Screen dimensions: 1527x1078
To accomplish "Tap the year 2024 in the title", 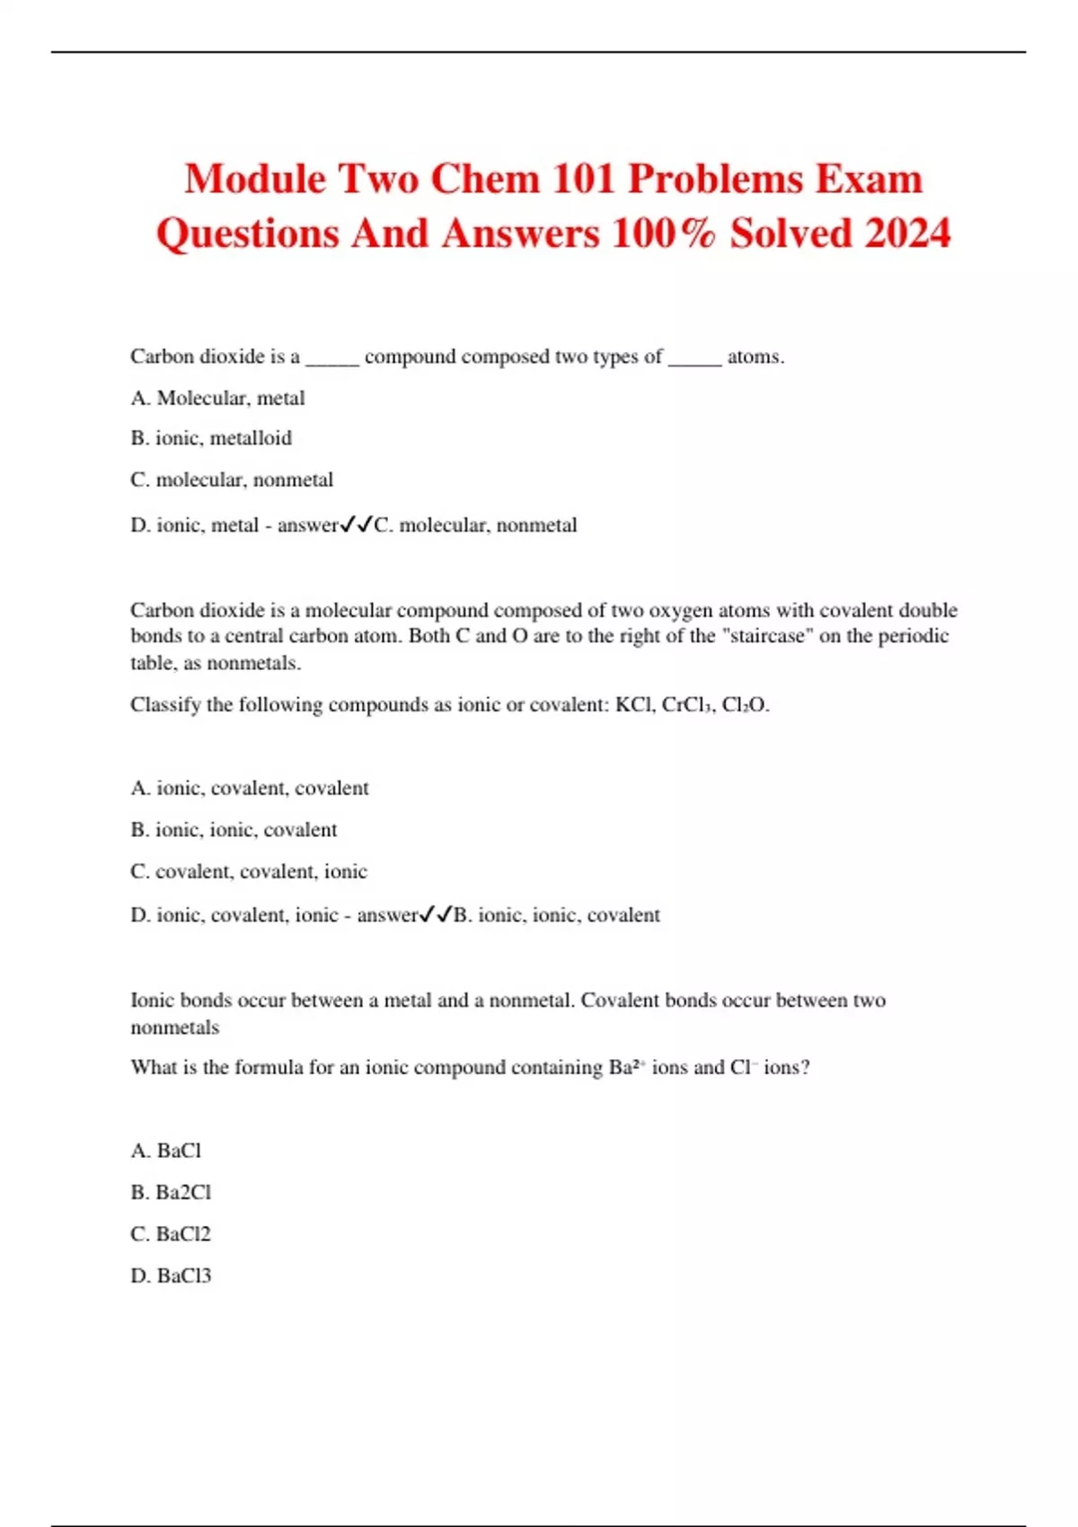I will (907, 234).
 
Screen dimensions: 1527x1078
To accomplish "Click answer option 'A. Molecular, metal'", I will (217, 398).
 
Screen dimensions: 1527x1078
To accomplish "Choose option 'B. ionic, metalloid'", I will (211, 438).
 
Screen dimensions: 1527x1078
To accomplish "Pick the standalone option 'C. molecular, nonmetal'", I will (232, 480).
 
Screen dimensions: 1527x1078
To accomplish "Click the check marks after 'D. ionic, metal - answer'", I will (357, 525).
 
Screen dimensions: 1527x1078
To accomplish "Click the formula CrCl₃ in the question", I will (688, 705).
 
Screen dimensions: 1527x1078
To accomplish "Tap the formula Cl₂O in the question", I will (745, 705).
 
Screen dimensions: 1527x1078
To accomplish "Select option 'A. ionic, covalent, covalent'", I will (250, 788).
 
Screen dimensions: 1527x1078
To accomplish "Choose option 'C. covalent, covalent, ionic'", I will (249, 871).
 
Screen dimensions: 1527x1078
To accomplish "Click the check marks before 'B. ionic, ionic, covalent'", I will (436, 914).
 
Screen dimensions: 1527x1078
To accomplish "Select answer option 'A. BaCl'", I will (166, 1151).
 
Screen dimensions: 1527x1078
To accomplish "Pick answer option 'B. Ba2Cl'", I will (171, 1192).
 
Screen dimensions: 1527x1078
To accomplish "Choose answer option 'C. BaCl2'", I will (171, 1234).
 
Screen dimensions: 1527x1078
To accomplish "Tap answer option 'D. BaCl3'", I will (171, 1275).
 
